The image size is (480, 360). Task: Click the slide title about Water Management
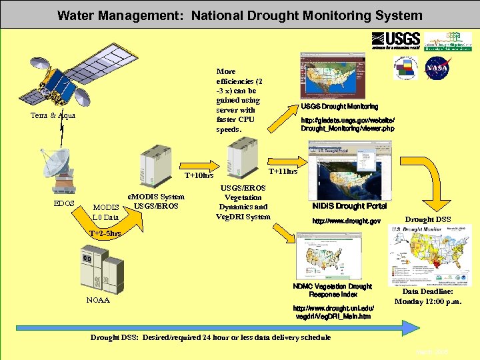(239, 15)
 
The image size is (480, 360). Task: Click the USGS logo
(396, 41)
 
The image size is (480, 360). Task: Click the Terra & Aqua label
(53, 115)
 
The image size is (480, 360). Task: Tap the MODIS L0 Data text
(106, 212)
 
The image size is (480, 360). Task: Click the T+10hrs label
(199, 176)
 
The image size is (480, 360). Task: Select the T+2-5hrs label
(105, 234)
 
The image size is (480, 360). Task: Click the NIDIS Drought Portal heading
(349, 206)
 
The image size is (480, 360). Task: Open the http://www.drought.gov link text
(347, 221)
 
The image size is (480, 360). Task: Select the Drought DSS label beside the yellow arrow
(428, 219)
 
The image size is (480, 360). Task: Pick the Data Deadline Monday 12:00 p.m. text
(427, 297)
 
